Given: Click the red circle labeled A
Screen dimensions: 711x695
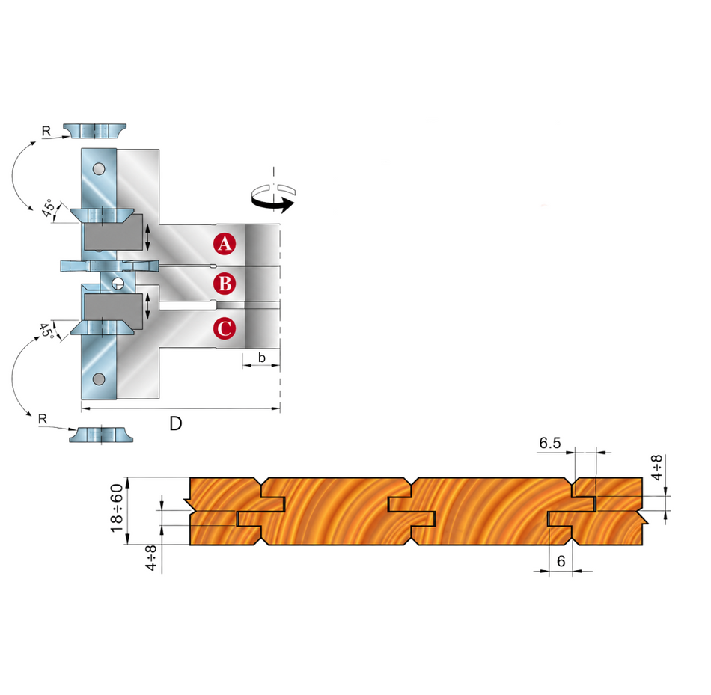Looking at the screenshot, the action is (x=225, y=244).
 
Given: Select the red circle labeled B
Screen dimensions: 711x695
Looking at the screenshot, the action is (x=225, y=284).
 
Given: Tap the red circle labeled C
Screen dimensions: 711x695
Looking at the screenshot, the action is (x=225, y=328).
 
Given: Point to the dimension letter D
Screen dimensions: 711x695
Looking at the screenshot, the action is (x=175, y=424).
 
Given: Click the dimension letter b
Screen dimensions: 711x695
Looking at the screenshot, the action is (x=262, y=358).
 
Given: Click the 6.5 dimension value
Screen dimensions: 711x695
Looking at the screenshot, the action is (x=550, y=443).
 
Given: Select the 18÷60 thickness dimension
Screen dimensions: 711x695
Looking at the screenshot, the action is (x=117, y=508).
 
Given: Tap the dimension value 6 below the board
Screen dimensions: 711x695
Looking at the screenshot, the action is (x=561, y=561).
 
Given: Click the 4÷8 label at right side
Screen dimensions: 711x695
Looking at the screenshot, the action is (x=656, y=468).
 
